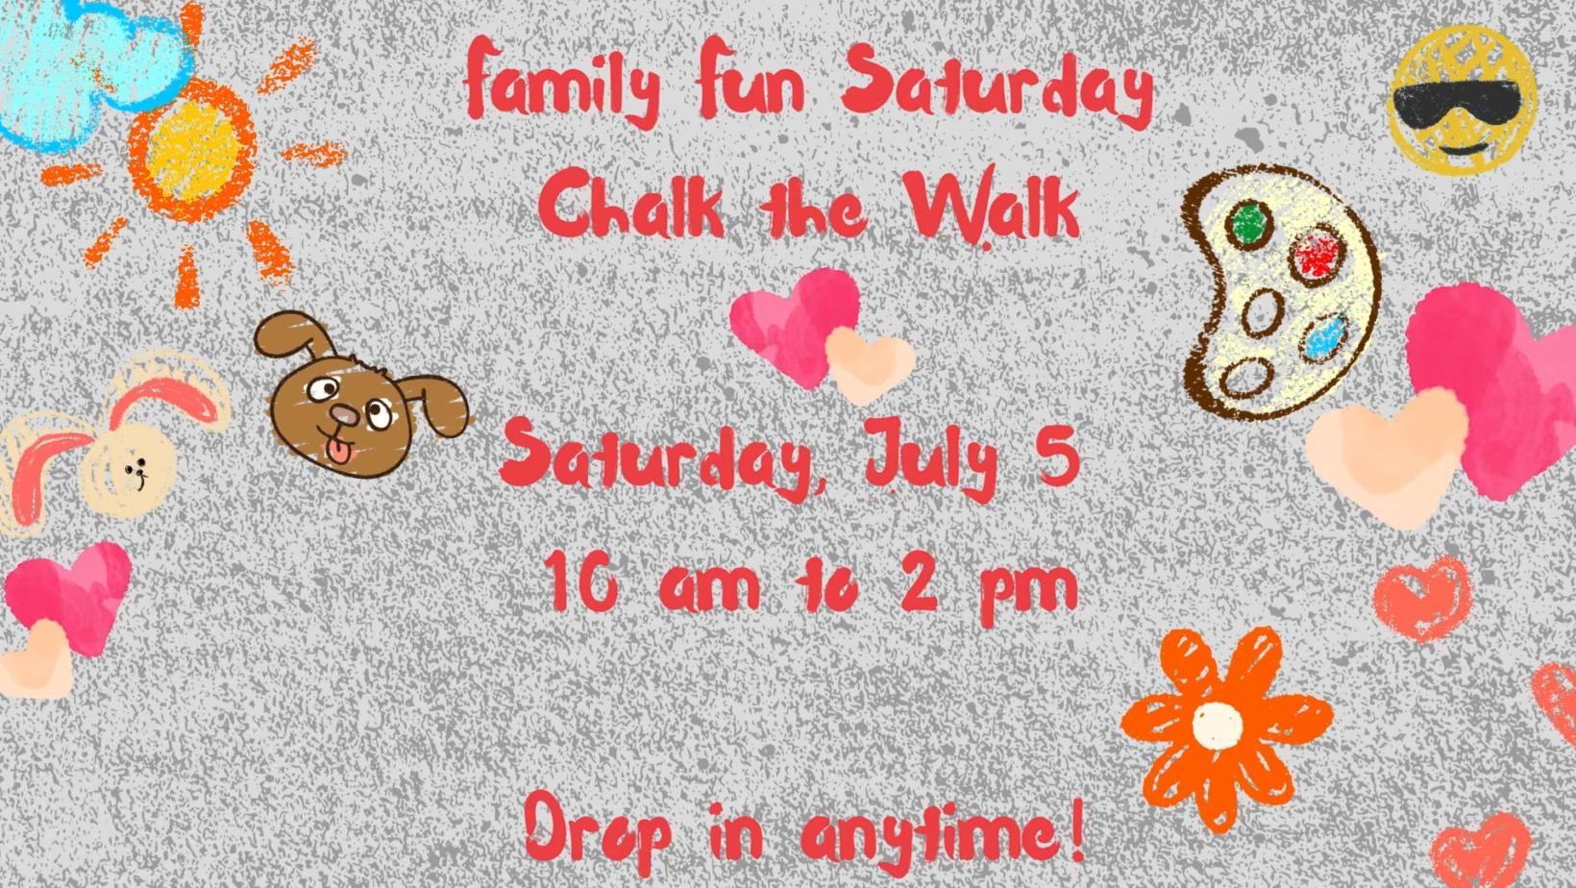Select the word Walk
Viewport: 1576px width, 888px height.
[992, 206]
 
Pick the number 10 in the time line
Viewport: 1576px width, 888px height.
[581, 581]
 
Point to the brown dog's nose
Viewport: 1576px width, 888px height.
[345, 415]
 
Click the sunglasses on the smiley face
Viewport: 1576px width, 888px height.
[1460, 106]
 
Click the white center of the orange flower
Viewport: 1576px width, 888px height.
[1218, 724]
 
